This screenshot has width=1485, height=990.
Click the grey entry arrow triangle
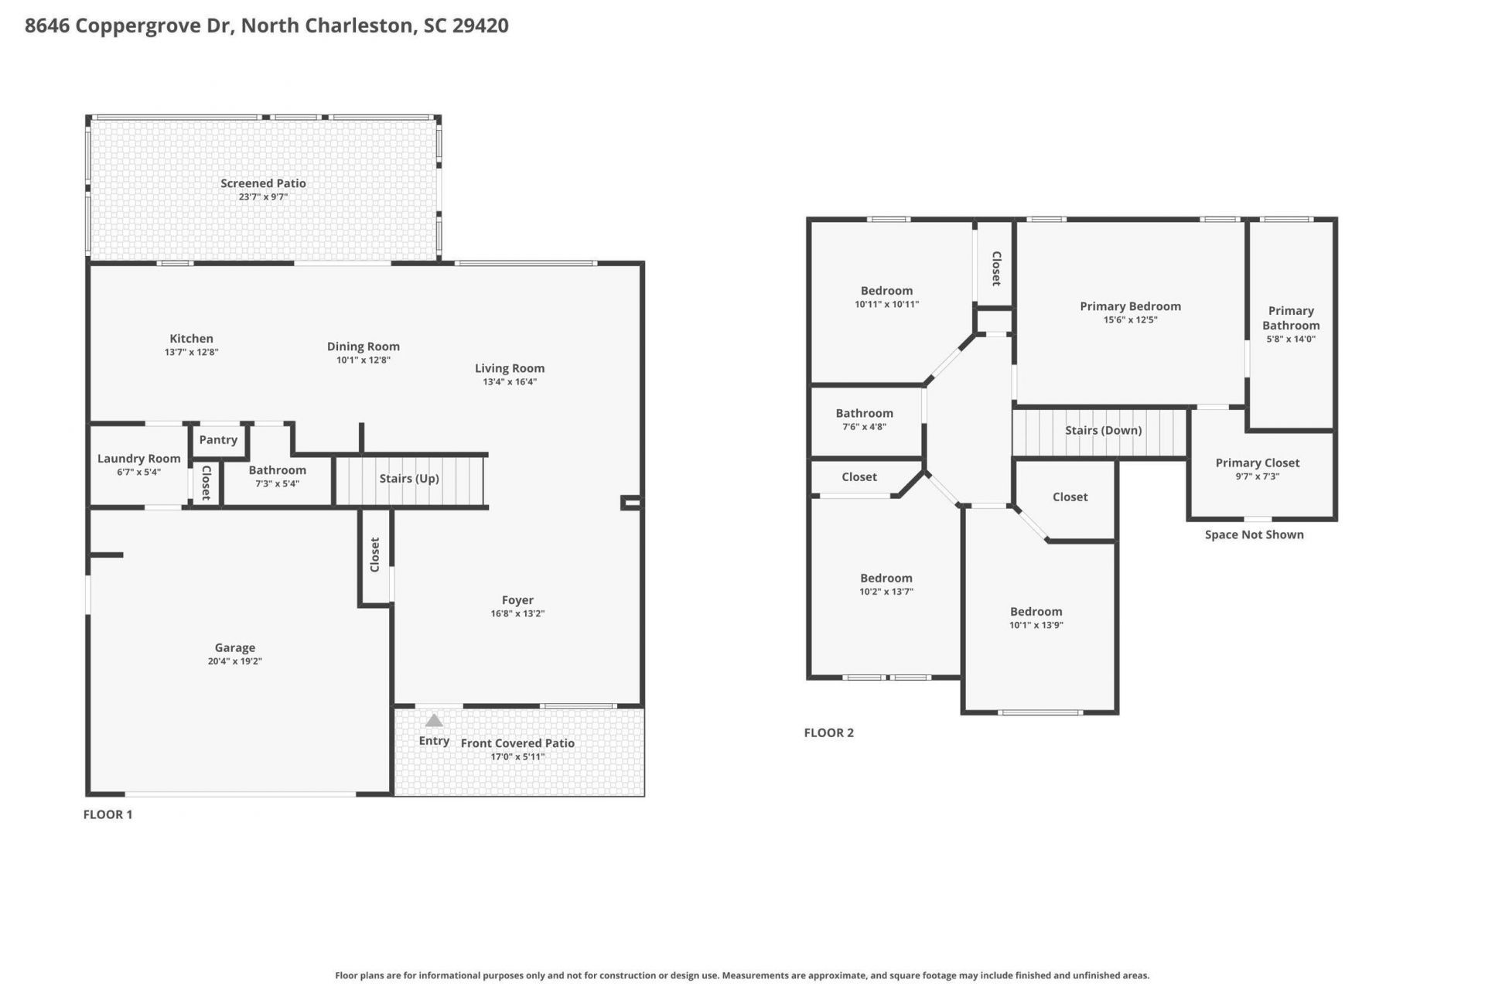pyautogui.click(x=434, y=721)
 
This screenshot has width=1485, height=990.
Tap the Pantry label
pyautogui.click(x=218, y=439)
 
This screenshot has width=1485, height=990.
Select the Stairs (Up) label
pyautogui.click(x=409, y=479)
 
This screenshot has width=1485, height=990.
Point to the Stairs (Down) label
pyautogui.click(x=1103, y=430)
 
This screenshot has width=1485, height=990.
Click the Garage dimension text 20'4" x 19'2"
pyautogui.click(x=235, y=661)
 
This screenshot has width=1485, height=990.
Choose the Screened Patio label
pyautogui.click(x=263, y=183)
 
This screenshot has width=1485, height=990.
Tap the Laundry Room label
pyautogui.click(x=139, y=459)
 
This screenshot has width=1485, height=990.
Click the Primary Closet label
pyautogui.click(x=1258, y=463)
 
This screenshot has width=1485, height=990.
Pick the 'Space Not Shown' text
pyautogui.click(x=1255, y=534)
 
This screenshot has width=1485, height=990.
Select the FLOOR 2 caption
pyautogui.click(x=829, y=732)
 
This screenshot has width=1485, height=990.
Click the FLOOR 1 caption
pyautogui.click(x=108, y=814)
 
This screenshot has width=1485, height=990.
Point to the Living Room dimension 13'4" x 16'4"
pyautogui.click(x=510, y=381)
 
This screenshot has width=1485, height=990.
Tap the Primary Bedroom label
pyautogui.click(x=1131, y=306)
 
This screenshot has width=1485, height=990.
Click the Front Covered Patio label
pyautogui.click(x=517, y=743)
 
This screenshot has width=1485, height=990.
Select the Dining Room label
pyautogui.click(x=363, y=346)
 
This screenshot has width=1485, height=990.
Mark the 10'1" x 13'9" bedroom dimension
pyautogui.click(x=1036, y=625)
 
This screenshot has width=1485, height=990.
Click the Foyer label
pyautogui.click(x=517, y=600)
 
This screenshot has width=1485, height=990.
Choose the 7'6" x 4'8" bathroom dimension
pyautogui.click(x=864, y=426)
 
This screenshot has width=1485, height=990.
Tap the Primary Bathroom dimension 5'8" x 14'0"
pyautogui.click(x=1291, y=339)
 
